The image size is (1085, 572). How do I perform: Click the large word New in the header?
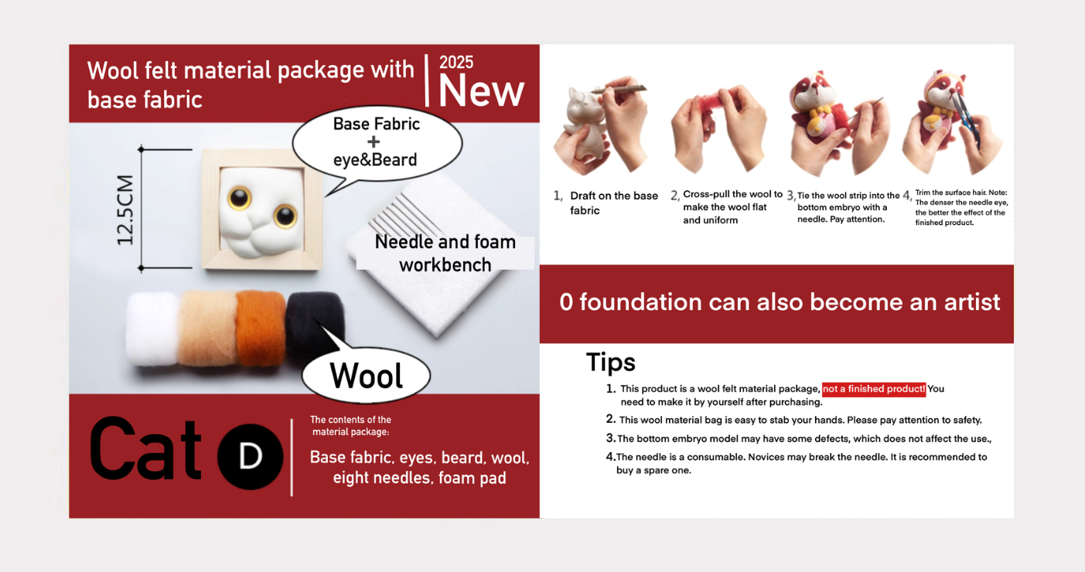tap(481, 90)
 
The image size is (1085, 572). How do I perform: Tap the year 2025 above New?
tap(455, 63)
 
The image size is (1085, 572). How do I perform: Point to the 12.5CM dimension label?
tap(125, 209)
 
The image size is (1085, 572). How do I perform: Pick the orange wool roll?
tap(260, 328)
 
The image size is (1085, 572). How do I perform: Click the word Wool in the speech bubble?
tap(366, 376)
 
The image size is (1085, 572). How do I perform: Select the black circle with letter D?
tap(250, 456)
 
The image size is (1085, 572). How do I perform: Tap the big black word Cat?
tap(145, 449)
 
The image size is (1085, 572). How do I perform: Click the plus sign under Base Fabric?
tap(374, 142)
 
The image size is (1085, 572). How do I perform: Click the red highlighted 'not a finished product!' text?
tap(874, 389)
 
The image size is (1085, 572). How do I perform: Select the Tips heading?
tap(610, 363)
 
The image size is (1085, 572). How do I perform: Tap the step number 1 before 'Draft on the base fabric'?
tap(558, 196)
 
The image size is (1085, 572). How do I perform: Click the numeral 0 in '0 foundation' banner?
tap(566, 301)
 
